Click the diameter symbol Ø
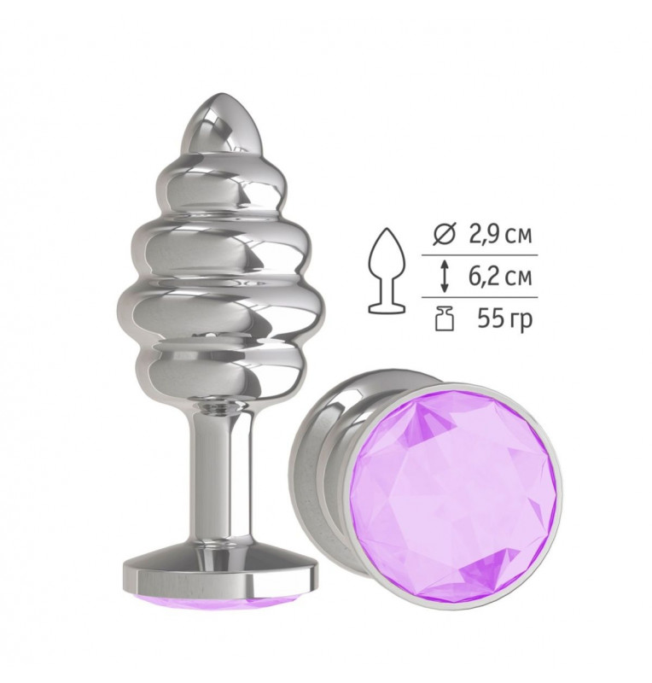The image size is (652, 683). [x=444, y=236]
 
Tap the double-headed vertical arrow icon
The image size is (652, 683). [x=444, y=277]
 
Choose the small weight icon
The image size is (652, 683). [x=445, y=318]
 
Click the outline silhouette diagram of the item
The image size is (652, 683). [x=387, y=270]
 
